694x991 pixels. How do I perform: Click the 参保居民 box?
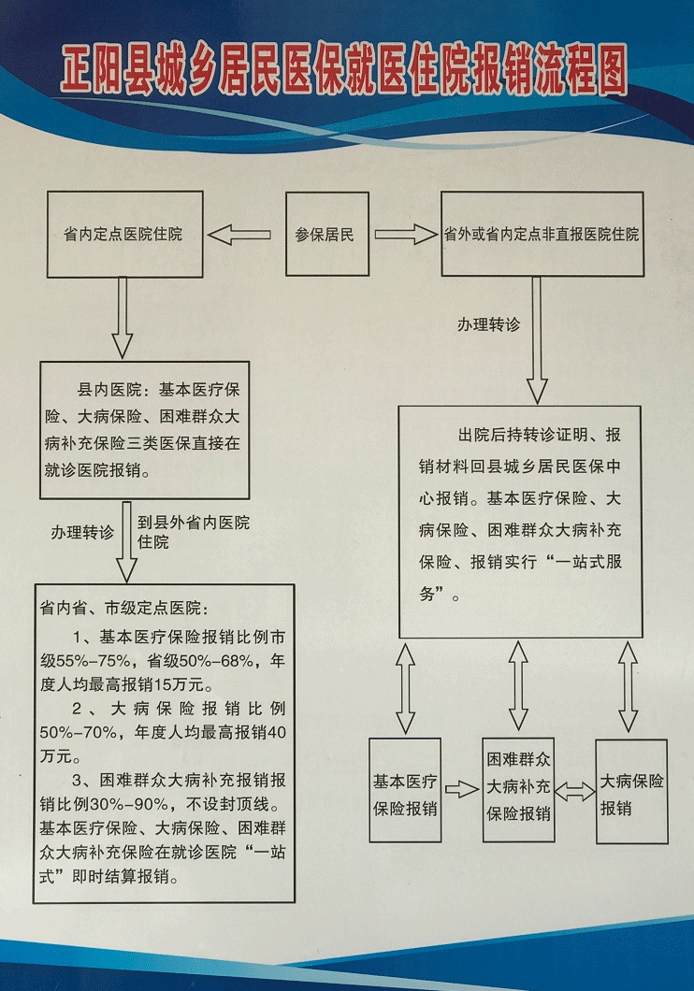point(326,235)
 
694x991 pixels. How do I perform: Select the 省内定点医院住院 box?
point(123,235)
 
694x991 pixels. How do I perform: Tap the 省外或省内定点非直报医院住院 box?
point(542,235)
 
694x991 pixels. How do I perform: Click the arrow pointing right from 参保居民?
point(404,235)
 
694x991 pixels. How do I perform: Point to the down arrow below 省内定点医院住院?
point(123,318)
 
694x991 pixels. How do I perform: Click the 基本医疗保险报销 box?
point(405,794)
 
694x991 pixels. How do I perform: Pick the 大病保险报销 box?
point(632,793)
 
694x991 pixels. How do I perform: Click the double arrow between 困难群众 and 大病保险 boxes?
point(575,791)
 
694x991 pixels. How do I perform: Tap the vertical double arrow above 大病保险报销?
point(629,685)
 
